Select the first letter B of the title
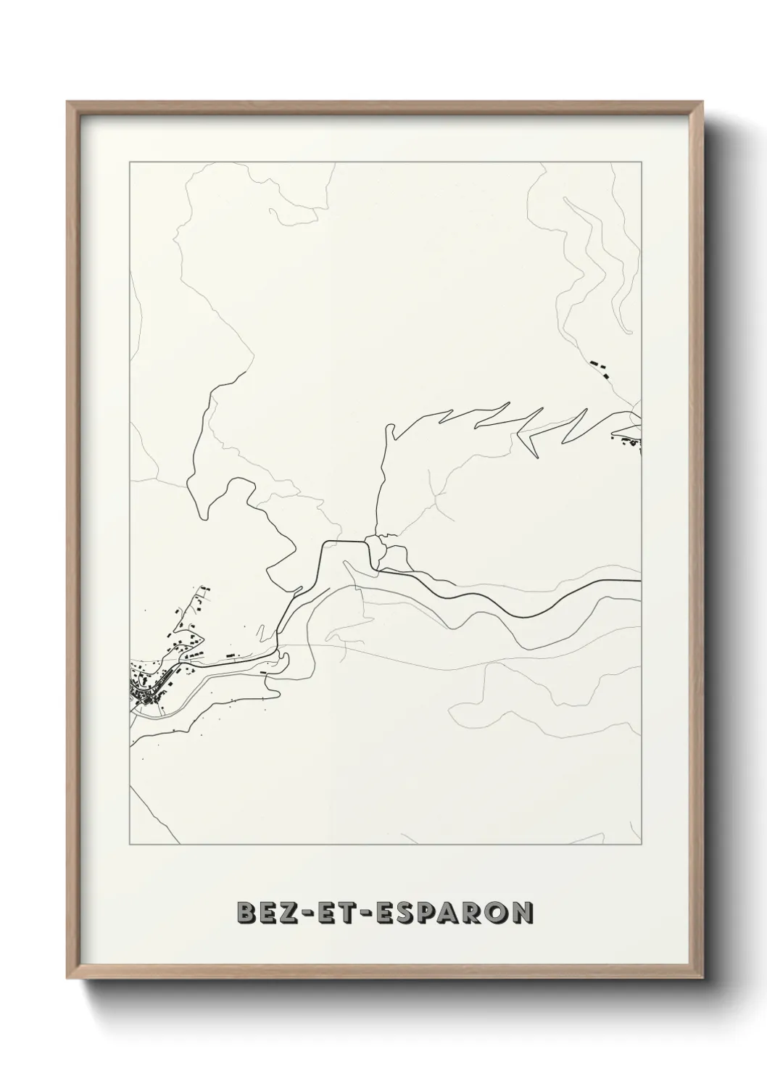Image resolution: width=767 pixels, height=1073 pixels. tap(246, 913)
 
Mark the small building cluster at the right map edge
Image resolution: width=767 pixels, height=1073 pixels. tap(628, 438)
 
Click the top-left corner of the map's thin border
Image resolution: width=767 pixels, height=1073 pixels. tap(129, 162)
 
